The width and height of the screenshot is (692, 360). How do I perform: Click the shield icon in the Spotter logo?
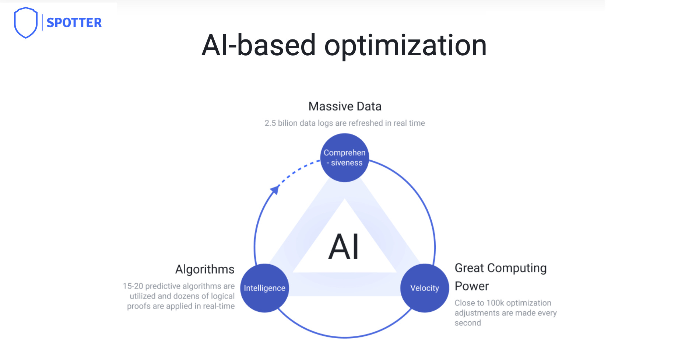click(x=25, y=22)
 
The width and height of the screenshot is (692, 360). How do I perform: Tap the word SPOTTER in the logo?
click(x=74, y=23)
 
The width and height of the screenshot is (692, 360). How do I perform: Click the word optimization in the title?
click(x=405, y=46)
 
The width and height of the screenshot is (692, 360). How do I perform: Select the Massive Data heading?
click(x=345, y=106)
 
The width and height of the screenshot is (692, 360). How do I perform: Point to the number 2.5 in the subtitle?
click(x=270, y=123)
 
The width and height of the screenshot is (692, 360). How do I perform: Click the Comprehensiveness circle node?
click(x=345, y=158)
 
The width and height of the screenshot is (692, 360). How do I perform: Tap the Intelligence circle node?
click(x=264, y=288)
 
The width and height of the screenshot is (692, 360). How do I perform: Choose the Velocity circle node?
click(x=425, y=288)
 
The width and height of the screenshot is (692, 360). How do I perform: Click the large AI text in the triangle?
click(x=344, y=247)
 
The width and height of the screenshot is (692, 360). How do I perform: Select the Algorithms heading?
click(x=205, y=269)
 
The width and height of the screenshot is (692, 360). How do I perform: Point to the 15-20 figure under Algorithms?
click(x=133, y=286)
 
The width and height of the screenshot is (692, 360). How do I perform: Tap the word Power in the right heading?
click(x=472, y=286)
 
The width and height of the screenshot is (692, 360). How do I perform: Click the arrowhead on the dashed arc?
click(x=275, y=190)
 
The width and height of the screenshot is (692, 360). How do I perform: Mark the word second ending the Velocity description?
click(x=468, y=323)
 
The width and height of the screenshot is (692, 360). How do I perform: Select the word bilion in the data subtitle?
click(x=288, y=123)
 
